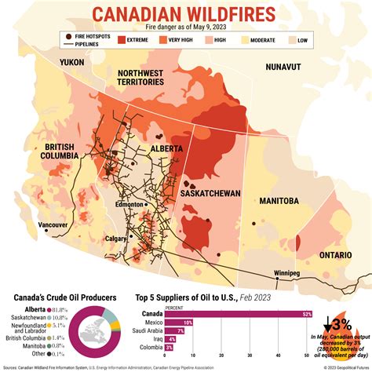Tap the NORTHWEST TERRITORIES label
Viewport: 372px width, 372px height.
click(140, 77)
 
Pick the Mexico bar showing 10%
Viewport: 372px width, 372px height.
click(188, 323)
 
